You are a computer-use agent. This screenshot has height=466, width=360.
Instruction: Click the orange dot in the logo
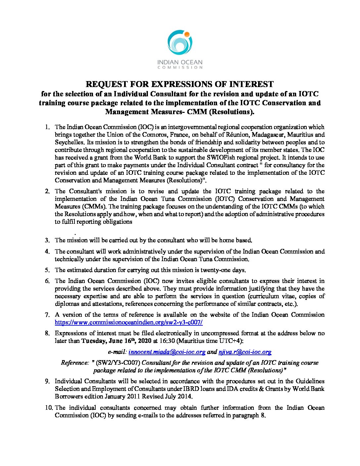coord(187,34)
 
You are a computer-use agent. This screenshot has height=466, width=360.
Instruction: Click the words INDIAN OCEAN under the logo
coord(180,62)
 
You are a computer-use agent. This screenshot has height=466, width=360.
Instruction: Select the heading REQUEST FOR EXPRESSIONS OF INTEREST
coord(180,84)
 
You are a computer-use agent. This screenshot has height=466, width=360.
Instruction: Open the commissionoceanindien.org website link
coord(129,322)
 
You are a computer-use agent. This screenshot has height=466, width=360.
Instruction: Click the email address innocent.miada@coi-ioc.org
coord(167,352)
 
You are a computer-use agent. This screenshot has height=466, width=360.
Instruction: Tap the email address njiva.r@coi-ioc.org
coord(245,352)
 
